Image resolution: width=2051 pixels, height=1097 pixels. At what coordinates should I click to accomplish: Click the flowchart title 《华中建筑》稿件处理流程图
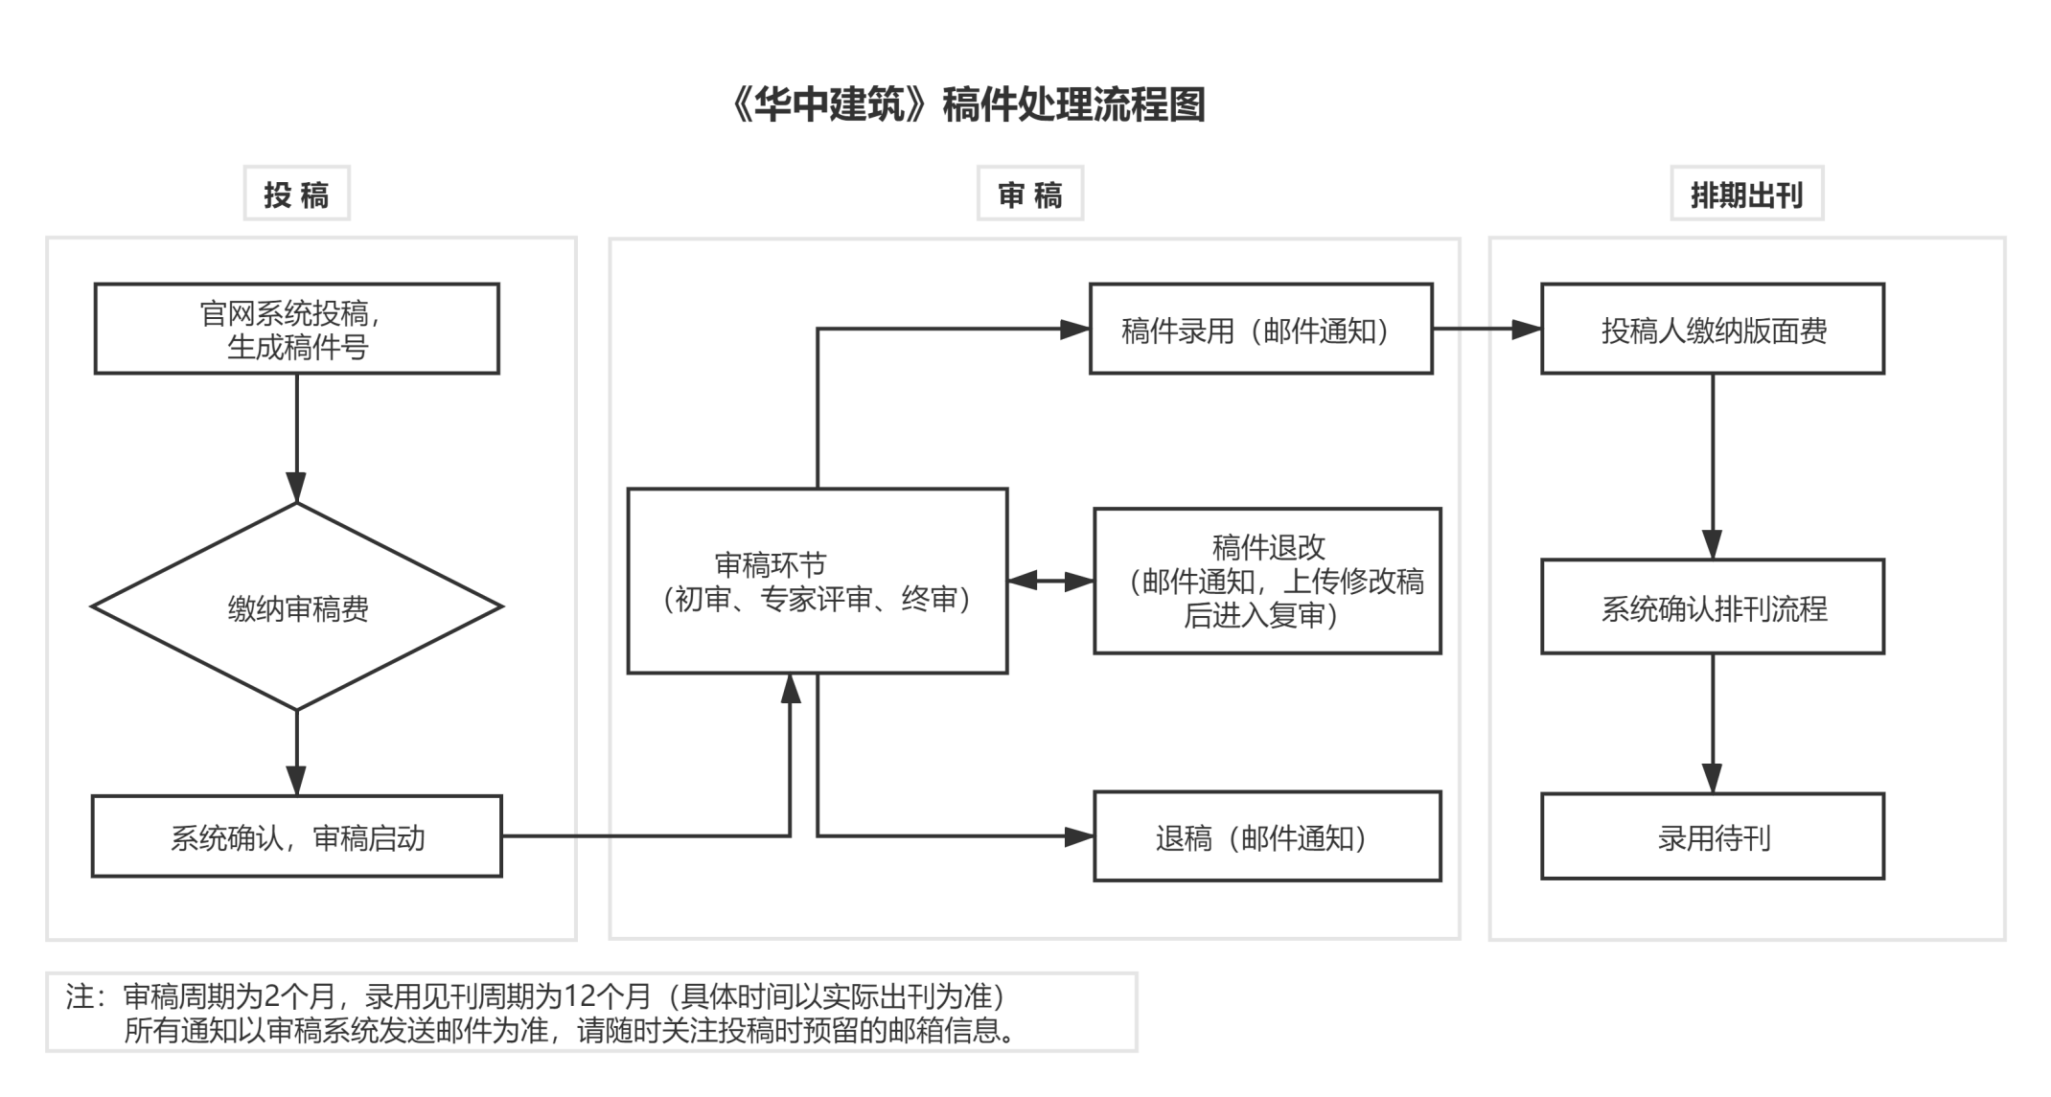(x=966, y=105)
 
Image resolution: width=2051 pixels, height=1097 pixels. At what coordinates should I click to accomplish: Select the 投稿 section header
(x=297, y=194)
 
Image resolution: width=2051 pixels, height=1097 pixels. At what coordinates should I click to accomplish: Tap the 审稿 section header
(x=1030, y=194)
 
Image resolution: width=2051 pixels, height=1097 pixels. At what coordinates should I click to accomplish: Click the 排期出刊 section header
(x=1746, y=194)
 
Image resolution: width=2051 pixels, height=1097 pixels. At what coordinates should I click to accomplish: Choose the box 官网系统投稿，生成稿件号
(x=297, y=329)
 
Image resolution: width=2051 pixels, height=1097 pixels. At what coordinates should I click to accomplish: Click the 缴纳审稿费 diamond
(x=297, y=607)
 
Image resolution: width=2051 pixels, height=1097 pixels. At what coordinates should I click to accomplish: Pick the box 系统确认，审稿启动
(x=297, y=836)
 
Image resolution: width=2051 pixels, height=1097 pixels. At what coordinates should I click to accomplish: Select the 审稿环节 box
(x=818, y=582)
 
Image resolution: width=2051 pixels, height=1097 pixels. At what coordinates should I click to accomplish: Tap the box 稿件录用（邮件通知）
(x=1260, y=329)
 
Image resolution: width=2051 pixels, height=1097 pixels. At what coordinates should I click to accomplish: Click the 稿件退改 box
(x=1267, y=582)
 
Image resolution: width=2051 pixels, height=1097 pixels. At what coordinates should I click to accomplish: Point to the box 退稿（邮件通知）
(x=1267, y=836)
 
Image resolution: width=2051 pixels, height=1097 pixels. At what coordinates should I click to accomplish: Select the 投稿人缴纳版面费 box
(x=1713, y=329)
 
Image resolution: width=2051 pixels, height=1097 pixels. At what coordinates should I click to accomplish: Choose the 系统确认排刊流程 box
(x=1713, y=607)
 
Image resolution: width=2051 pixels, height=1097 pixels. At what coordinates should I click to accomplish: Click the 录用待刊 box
(x=1713, y=836)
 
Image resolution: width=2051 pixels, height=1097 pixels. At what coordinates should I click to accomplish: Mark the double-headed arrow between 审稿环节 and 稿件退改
(x=1051, y=581)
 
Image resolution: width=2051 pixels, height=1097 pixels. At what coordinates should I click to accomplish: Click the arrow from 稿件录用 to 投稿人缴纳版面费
(x=1486, y=330)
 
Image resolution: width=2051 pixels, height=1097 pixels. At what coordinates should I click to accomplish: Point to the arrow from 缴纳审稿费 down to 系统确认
(x=297, y=752)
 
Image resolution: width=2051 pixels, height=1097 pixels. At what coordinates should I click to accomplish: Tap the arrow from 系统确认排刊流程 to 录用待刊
(x=1713, y=723)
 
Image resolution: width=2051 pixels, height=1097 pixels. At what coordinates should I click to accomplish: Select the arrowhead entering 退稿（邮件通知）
(x=1080, y=836)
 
